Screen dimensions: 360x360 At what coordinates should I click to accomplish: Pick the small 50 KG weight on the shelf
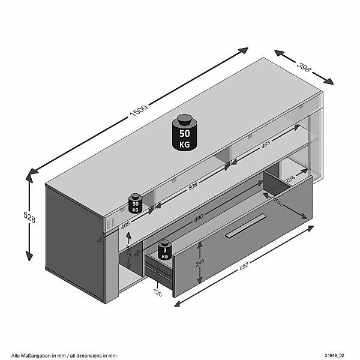[x=135, y=204]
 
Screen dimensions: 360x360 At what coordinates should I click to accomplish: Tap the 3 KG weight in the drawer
[x=164, y=251]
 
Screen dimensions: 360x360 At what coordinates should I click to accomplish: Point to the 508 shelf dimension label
[x=192, y=186]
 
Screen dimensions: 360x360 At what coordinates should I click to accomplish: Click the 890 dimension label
[x=197, y=219]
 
